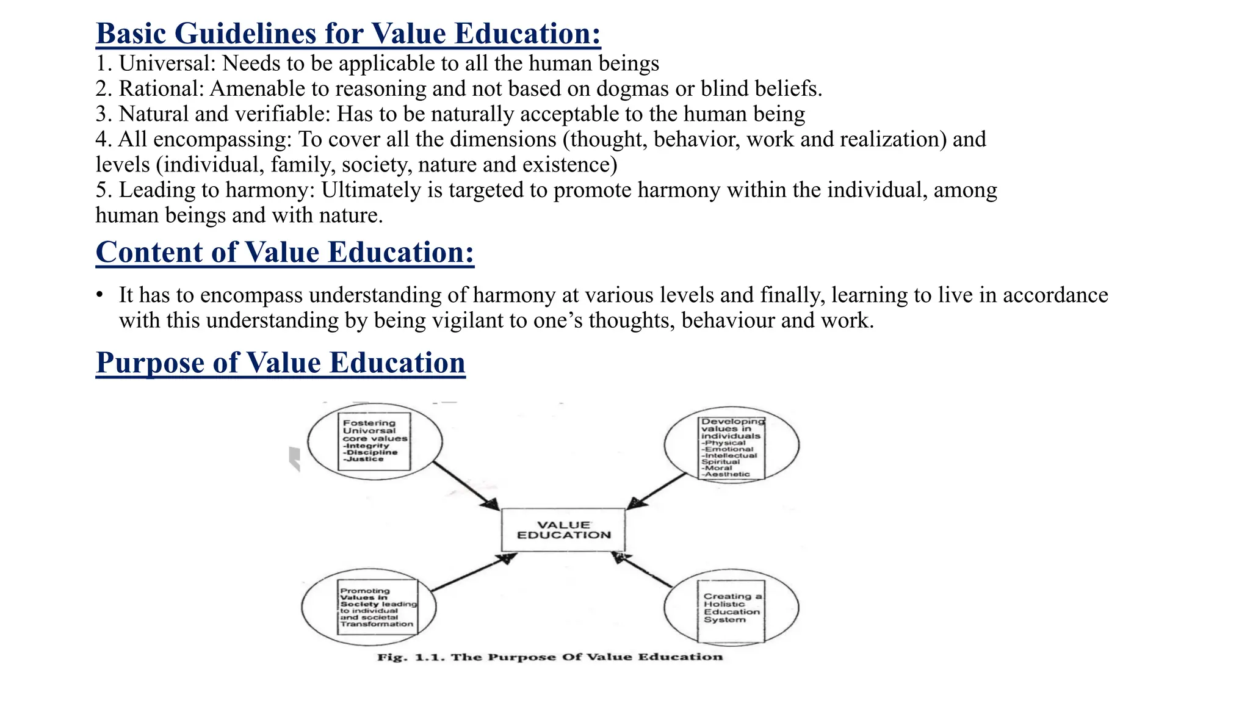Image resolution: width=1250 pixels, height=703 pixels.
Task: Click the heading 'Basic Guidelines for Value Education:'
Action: (x=348, y=33)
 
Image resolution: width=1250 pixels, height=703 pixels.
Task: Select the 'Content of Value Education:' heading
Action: (x=284, y=252)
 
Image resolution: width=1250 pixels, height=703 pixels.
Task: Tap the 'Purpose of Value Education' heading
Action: (x=280, y=362)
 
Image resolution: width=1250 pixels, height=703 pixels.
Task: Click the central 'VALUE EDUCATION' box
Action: (x=563, y=530)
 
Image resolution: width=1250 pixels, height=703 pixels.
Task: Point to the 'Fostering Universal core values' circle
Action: (x=374, y=441)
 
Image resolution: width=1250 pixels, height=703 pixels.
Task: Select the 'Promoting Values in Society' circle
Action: (x=369, y=607)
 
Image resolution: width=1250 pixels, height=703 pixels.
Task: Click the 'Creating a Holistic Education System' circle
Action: (x=731, y=608)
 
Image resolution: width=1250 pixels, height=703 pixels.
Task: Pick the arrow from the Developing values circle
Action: (x=658, y=491)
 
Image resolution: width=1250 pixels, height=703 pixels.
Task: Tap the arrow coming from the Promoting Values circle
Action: (x=474, y=572)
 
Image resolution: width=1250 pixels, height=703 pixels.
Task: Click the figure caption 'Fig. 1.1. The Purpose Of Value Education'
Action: (x=550, y=657)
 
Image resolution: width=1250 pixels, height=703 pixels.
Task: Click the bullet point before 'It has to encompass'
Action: (x=99, y=295)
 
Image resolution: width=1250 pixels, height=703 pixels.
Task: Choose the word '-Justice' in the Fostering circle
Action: (x=363, y=459)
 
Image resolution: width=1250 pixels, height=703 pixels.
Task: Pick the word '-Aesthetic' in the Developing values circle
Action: (x=725, y=474)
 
